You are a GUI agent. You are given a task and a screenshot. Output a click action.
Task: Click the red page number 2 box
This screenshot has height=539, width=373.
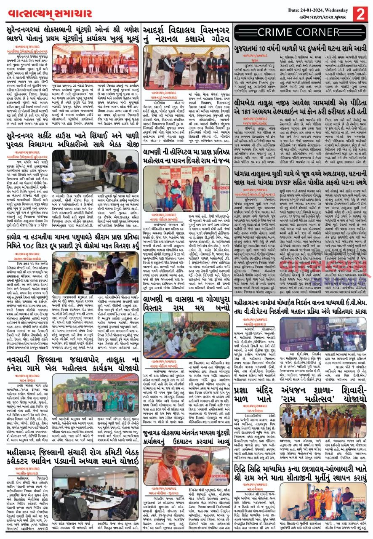[x=360, y=14]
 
